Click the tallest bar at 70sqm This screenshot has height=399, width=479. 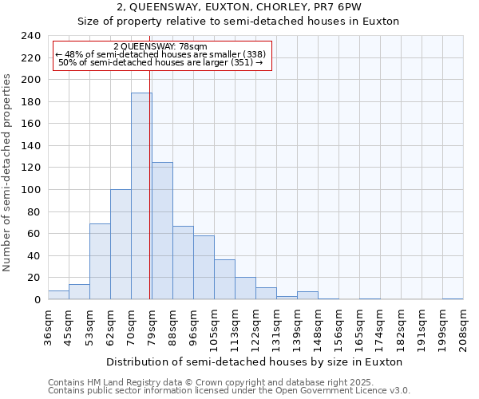tap(141, 196)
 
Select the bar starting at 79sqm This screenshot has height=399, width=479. tap(162, 231)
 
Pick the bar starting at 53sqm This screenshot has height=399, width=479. tap(100, 261)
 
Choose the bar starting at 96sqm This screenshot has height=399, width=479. tap(204, 267)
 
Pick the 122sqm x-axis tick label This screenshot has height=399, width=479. tap(255, 328)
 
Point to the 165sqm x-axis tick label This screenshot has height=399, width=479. tap(359, 328)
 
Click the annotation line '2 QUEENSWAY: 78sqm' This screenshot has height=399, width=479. tap(160, 47)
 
